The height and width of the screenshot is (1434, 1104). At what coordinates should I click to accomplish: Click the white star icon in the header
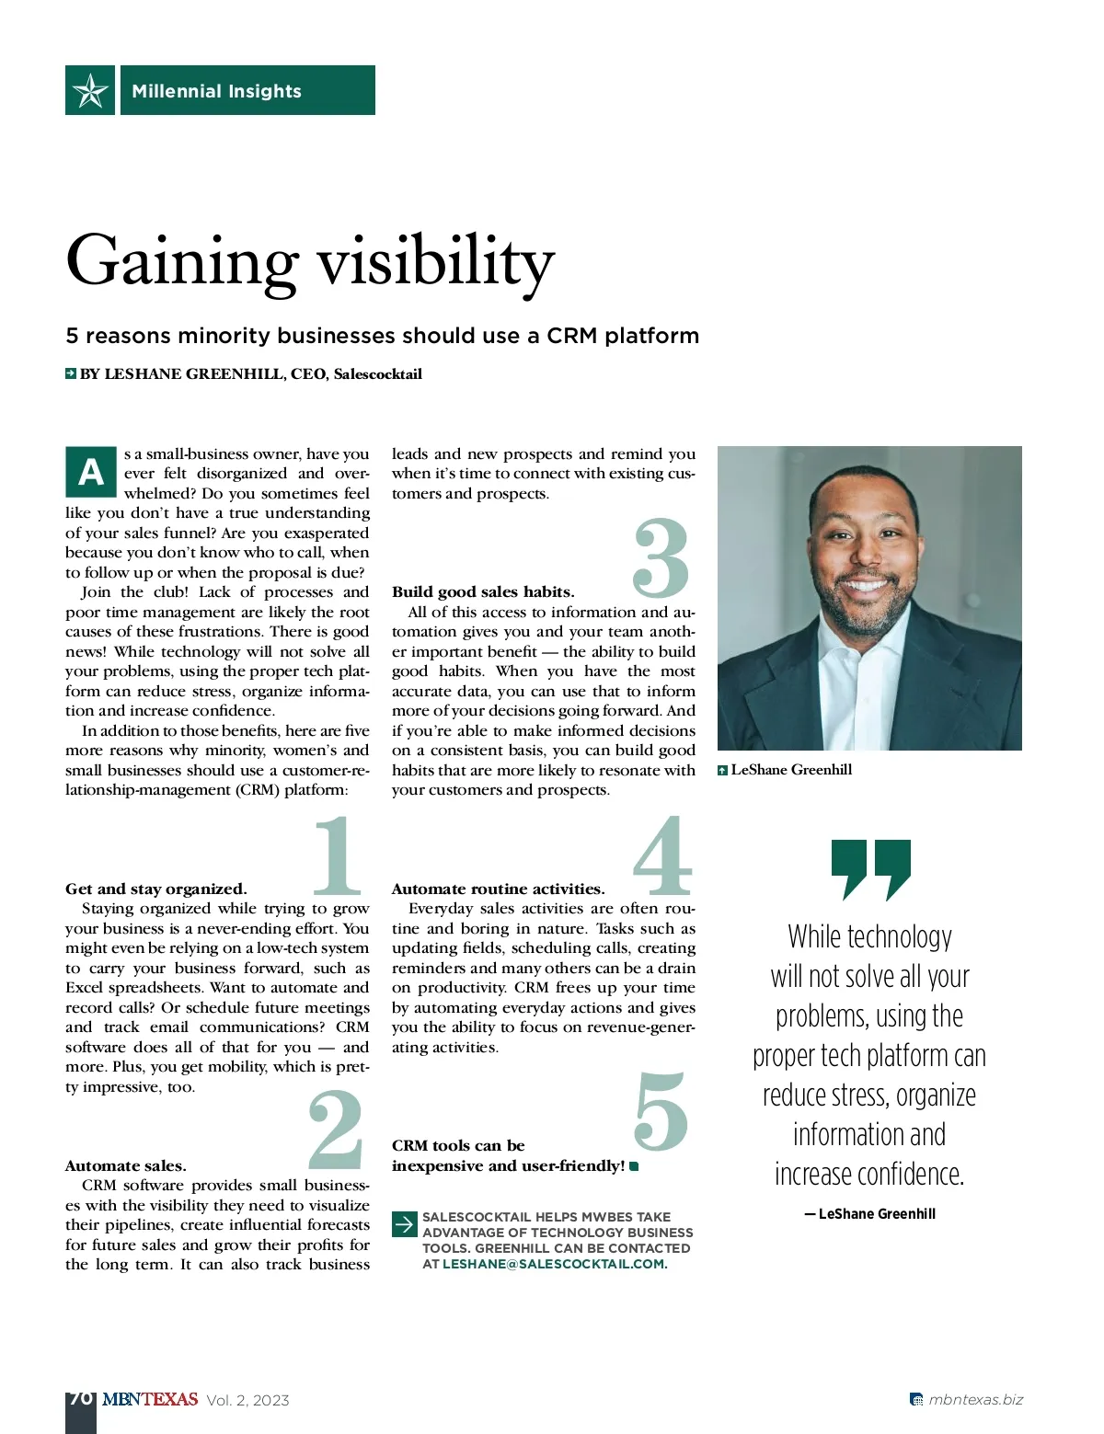pos(90,90)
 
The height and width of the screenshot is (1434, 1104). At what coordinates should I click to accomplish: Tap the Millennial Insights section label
pos(216,91)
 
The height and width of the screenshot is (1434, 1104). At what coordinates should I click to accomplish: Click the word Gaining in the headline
pos(182,262)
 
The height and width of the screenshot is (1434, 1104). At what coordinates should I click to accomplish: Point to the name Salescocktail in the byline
pos(377,374)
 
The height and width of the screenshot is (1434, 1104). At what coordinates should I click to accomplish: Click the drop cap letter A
pos(91,472)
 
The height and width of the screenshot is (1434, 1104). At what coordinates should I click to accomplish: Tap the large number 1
pos(337,856)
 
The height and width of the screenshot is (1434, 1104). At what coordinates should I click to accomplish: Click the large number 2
pos(335,1129)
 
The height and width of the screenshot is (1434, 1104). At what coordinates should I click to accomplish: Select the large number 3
pos(661,557)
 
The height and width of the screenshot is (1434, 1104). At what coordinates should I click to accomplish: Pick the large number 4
pos(661,856)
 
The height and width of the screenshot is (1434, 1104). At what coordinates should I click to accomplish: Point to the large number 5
pos(661,1112)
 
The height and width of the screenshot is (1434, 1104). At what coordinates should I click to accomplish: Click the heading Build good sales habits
pos(483,592)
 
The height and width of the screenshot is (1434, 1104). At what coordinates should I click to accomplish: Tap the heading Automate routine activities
pos(498,889)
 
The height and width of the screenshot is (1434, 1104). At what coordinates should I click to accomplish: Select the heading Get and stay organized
pos(155,889)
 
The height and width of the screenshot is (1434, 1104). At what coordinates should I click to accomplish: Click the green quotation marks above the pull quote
pos(870,868)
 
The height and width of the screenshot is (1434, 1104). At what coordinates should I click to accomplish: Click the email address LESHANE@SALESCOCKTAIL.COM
pos(553,1265)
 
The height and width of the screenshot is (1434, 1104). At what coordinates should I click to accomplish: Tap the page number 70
pos(80,1399)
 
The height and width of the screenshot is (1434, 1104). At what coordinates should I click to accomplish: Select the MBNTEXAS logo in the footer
pos(150,1400)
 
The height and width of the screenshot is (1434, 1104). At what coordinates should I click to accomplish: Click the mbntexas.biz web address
pos(975,1400)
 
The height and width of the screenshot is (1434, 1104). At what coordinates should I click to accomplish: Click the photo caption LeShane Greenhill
pos(791,770)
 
